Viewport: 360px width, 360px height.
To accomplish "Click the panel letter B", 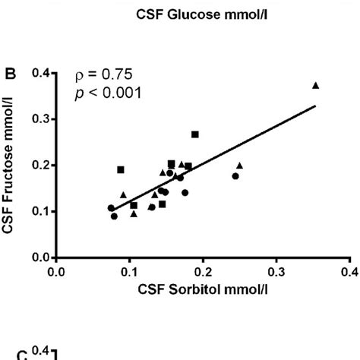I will coord(11,74).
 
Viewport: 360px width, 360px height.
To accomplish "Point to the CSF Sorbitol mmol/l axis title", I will coord(201,289).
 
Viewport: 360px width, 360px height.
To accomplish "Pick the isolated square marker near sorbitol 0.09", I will coord(121,169).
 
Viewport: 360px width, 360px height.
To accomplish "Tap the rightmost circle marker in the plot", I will coord(235,176).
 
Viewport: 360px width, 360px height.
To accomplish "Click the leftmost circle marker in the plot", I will coord(111,208).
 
